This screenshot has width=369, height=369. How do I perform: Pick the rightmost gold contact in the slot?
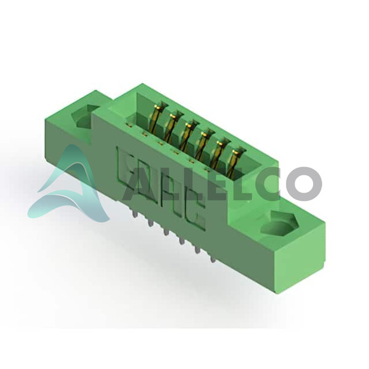click(x=234, y=161)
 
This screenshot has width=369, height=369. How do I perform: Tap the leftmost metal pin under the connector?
click(x=134, y=213)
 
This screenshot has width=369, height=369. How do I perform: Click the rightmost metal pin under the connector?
click(x=213, y=259)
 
